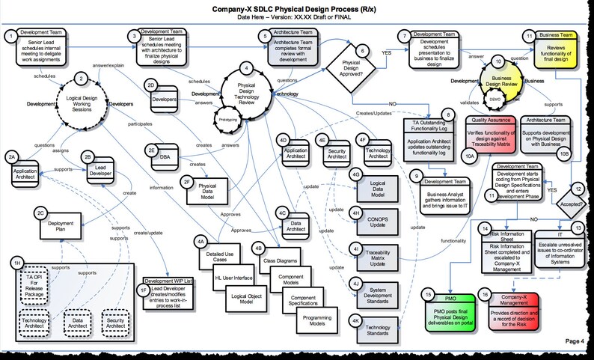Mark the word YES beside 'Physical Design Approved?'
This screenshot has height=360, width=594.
pos(386,54)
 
